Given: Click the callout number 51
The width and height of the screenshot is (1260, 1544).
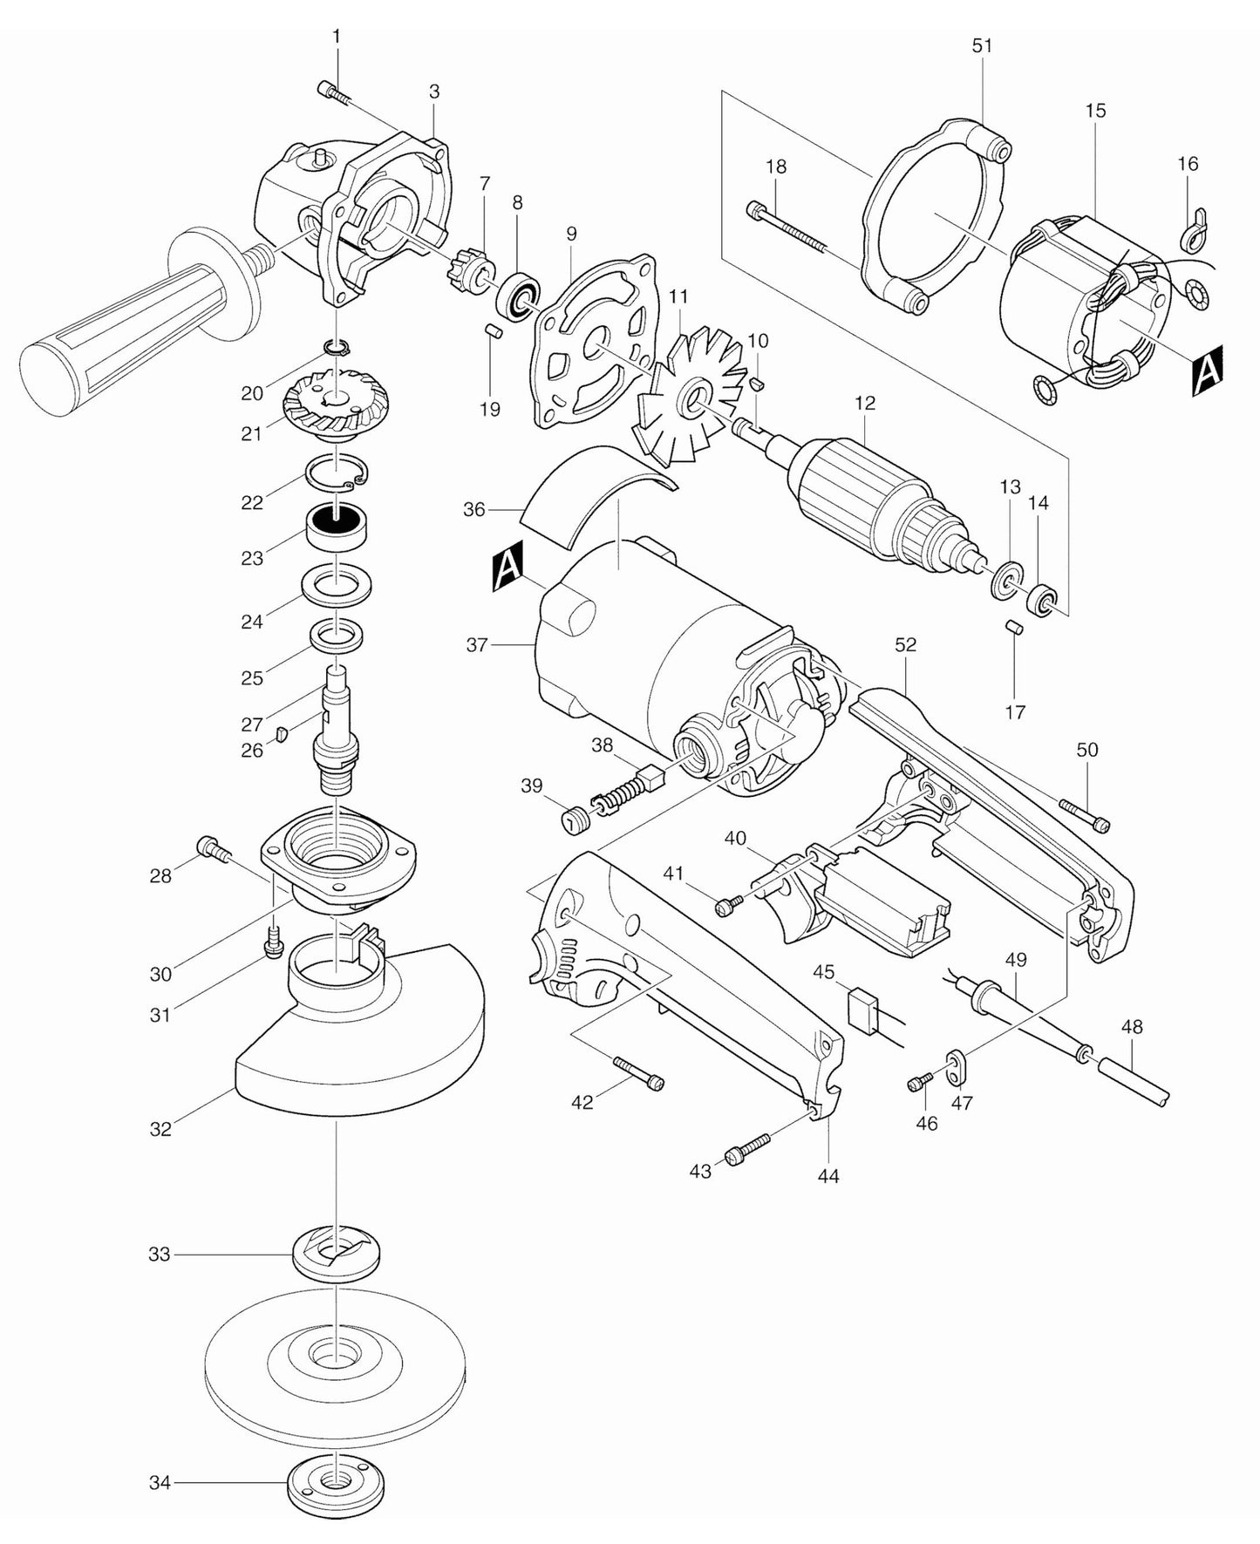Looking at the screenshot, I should tap(982, 45).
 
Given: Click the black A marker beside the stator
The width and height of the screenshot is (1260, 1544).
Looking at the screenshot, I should tap(1207, 371).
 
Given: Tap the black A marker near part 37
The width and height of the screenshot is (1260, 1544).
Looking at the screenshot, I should tap(507, 568).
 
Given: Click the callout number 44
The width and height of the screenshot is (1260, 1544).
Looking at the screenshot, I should tap(828, 1176).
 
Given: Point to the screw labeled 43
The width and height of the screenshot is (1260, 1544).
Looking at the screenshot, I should tap(748, 1149).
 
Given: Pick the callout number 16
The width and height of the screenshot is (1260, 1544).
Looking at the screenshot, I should tap(1187, 164).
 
